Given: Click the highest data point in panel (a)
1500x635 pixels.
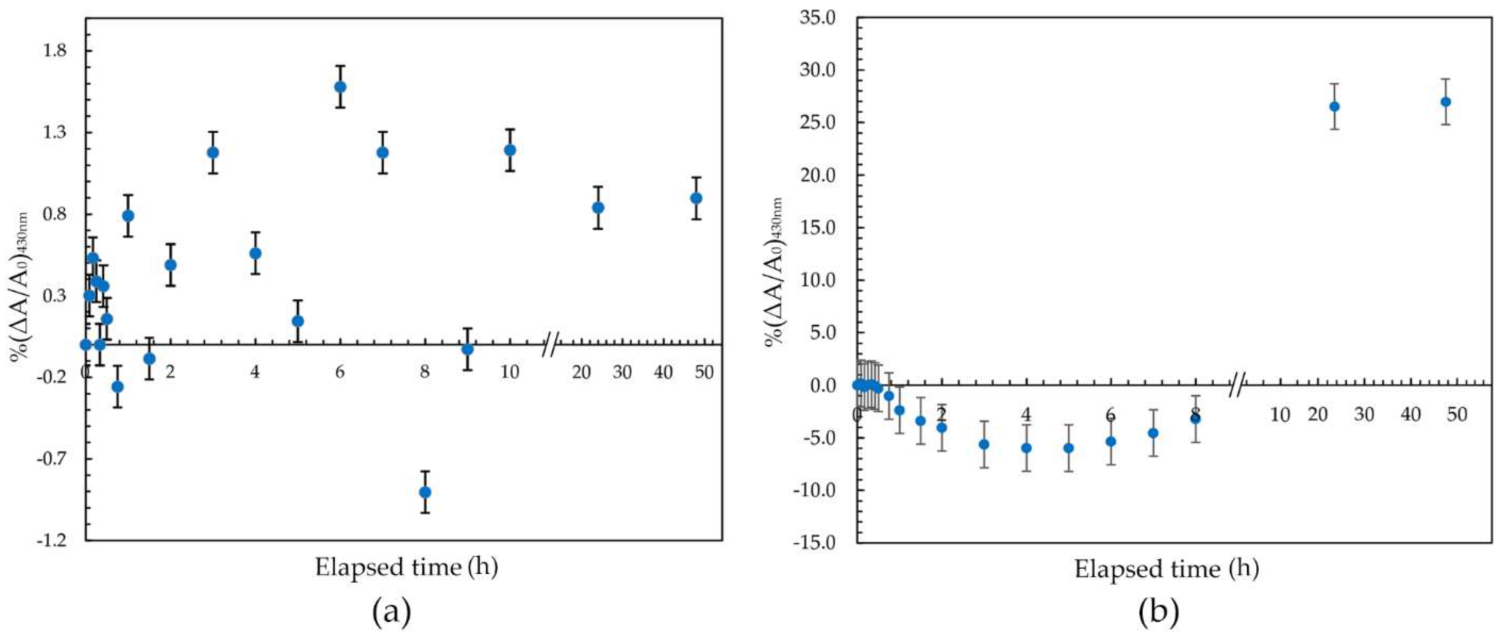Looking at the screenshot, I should tap(340, 87).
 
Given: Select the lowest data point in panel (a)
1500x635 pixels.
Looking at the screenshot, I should tap(425, 492).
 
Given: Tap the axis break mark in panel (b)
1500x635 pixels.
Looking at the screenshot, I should tap(1237, 385).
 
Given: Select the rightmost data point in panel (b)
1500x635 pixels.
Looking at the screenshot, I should tap(1445, 102).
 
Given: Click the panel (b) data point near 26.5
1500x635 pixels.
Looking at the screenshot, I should tap(1334, 107).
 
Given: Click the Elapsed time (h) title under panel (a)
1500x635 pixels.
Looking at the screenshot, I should tap(406, 567).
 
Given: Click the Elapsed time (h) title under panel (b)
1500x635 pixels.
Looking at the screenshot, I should tap(1166, 569).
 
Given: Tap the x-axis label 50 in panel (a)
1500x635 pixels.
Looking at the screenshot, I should tap(704, 372).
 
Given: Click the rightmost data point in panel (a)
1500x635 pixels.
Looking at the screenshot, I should tap(696, 198).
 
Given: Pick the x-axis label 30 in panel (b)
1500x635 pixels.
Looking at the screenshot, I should tap(1364, 414).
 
